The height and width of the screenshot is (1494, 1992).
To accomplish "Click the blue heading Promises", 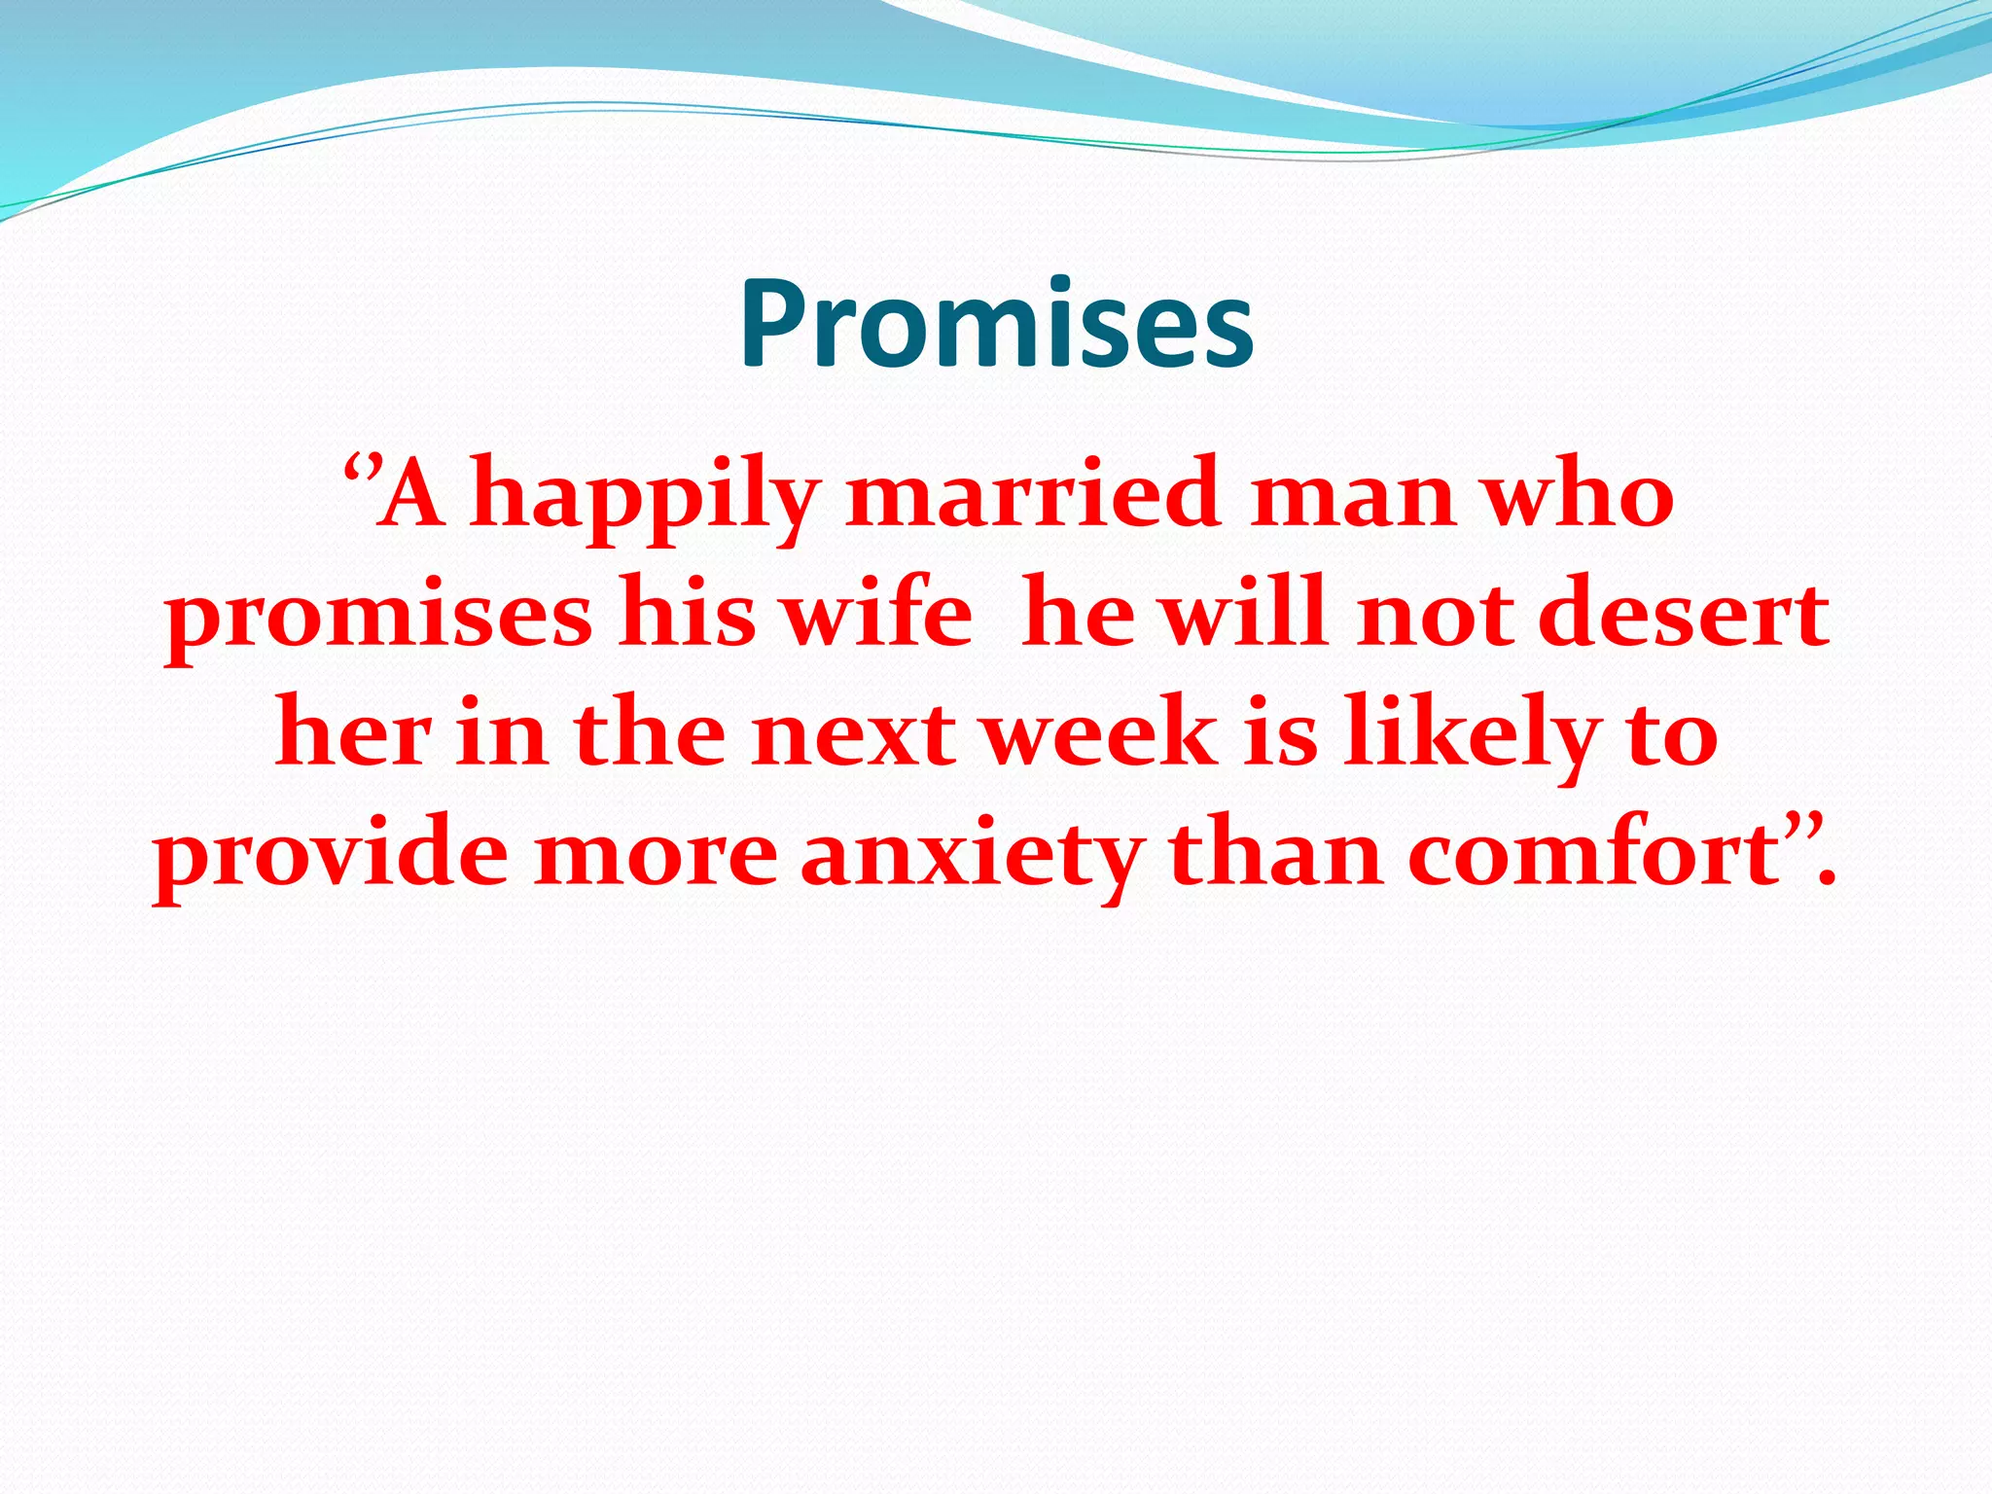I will pyautogui.click(x=996, y=324).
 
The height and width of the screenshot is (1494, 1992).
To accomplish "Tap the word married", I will pyautogui.click(x=1032, y=493).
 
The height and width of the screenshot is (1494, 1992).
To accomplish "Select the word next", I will pyautogui.click(x=854, y=733).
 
